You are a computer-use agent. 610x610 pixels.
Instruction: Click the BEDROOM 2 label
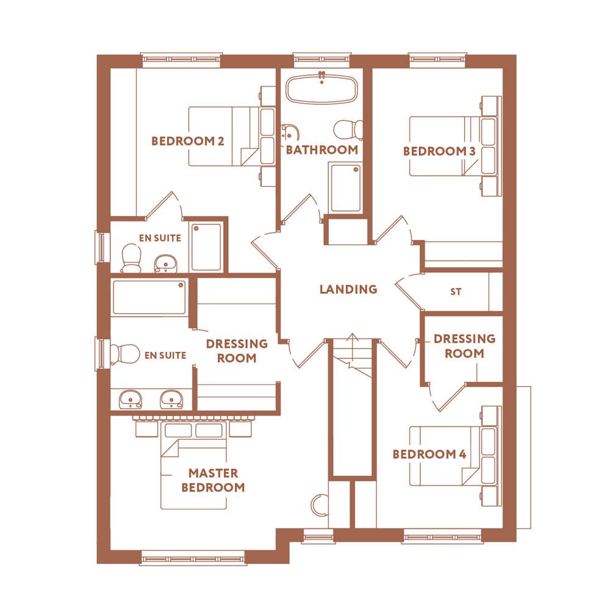tap(188, 142)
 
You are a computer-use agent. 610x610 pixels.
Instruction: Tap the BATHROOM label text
tap(322, 150)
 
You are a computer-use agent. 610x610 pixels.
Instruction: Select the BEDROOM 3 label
tap(439, 151)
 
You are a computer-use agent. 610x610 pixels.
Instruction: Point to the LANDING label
tap(348, 289)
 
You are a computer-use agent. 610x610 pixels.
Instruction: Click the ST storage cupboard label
tap(456, 292)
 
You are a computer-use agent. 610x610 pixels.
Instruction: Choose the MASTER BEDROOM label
tap(213, 480)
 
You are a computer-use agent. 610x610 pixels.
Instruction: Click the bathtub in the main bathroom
tap(321, 89)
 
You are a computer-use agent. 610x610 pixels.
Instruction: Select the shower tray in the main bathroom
tap(345, 187)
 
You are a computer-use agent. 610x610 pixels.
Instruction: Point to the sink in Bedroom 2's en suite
tap(165, 263)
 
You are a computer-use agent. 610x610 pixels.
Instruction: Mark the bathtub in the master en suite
tap(149, 298)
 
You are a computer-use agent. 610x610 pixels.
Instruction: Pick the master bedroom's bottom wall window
tap(193, 556)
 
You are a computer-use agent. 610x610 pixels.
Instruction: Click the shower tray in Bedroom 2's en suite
tap(206, 247)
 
